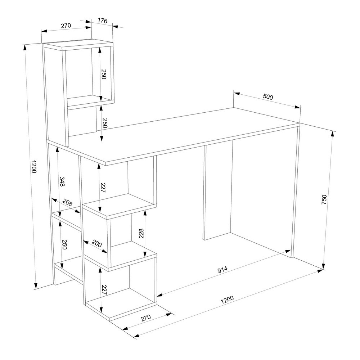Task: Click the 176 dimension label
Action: [x=102, y=21]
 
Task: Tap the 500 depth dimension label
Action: [x=268, y=97]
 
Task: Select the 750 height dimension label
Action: [x=324, y=199]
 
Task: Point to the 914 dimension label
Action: [x=222, y=270]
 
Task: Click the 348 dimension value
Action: [x=62, y=181]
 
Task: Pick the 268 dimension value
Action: [x=67, y=202]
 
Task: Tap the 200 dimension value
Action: [x=96, y=243]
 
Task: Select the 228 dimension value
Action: [x=141, y=234]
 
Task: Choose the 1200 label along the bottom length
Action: [x=227, y=300]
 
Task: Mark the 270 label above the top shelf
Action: [x=66, y=26]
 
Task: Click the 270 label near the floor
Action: [x=146, y=318]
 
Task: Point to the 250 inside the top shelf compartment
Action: [x=104, y=74]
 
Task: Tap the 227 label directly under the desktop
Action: [x=103, y=188]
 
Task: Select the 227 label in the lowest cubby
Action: [x=104, y=290]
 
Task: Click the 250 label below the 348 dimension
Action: [x=64, y=245]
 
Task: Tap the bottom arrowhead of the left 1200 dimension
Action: [x=36, y=285]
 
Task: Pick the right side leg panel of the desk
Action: [x=296, y=192]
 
